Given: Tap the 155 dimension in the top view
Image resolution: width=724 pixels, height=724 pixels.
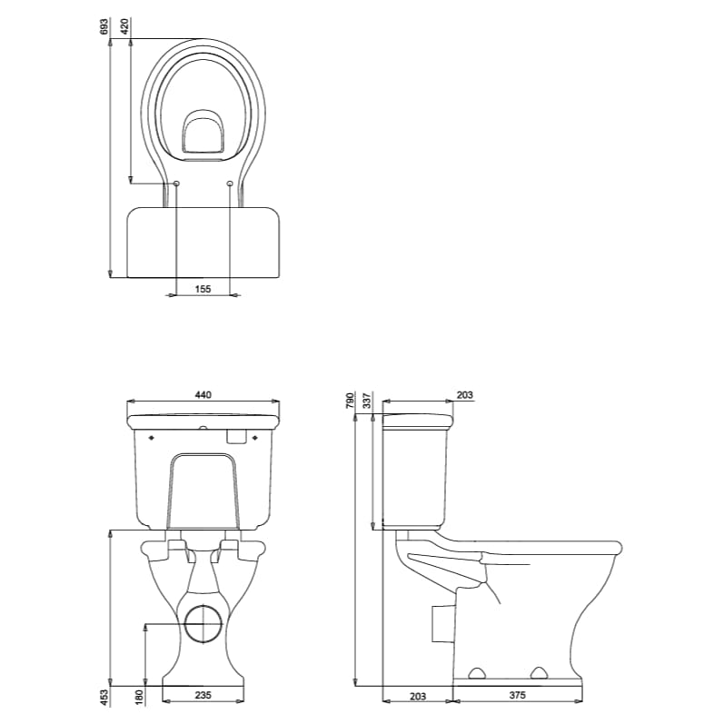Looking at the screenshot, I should pyautogui.click(x=203, y=288).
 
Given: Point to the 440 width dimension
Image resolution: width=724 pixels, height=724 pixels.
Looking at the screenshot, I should pyautogui.click(x=203, y=394).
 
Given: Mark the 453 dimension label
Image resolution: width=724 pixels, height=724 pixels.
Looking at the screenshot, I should pyautogui.click(x=105, y=697).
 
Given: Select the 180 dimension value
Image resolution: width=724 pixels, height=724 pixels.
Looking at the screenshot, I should pyautogui.click(x=139, y=697).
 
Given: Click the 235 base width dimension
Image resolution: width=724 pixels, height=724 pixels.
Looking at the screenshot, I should pyautogui.click(x=203, y=695).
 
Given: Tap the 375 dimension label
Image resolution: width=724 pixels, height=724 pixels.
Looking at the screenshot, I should pyautogui.click(x=517, y=695).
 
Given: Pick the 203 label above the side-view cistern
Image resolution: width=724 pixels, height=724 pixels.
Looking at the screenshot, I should pyautogui.click(x=463, y=394).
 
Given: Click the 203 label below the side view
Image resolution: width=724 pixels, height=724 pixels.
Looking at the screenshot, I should pyautogui.click(x=417, y=695).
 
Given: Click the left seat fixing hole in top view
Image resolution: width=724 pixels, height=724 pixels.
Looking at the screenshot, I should pyautogui.click(x=176, y=184).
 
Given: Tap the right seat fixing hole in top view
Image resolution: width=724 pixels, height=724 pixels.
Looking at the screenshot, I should pyautogui.click(x=229, y=184).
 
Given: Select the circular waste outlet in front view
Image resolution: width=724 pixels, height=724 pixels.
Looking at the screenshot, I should pyautogui.click(x=203, y=624).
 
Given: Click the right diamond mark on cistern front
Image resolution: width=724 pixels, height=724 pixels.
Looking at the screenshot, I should pyautogui.click(x=257, y=438).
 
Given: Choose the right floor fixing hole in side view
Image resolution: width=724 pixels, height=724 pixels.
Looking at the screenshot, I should pyautogui.click(x=540, y=673).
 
